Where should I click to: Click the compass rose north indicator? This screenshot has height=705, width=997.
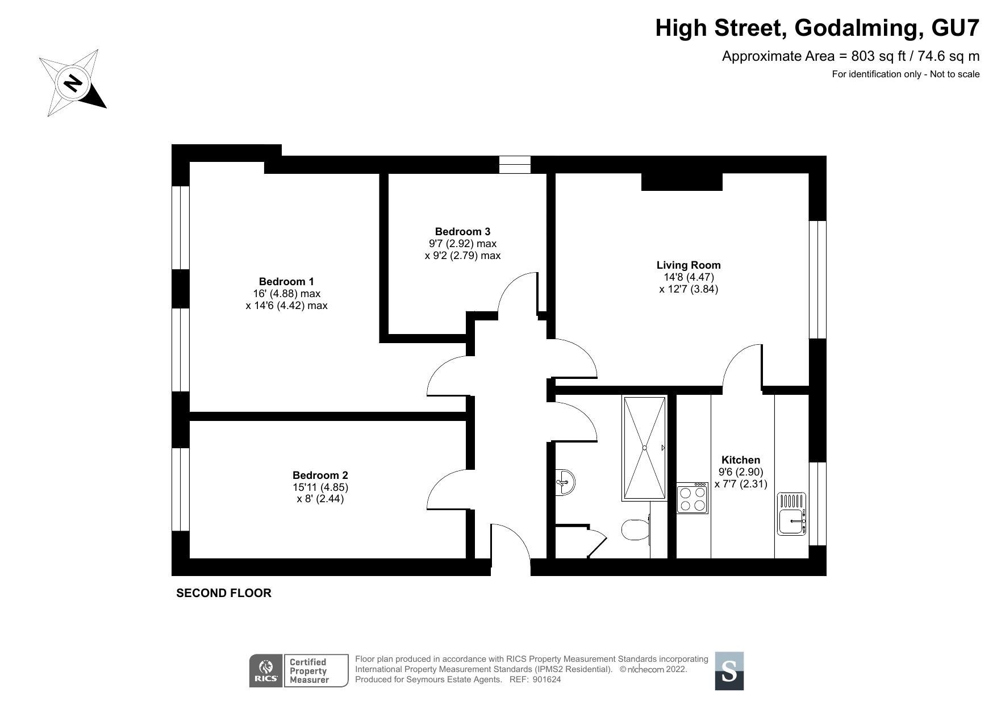(73, 83)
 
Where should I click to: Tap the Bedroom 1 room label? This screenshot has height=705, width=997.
(286, 281)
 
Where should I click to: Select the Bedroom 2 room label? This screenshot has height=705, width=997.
(320, 475)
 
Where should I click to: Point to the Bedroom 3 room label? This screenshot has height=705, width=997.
(462, 231)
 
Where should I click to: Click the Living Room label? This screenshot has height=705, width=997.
(689, 265)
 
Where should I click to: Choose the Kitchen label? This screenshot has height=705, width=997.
(741, 460)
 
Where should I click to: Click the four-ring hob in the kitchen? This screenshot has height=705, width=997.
(693, 498)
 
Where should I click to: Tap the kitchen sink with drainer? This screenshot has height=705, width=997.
(792, 514)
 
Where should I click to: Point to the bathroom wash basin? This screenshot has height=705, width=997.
(565, 483)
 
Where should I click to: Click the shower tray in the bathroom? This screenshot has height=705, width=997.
(645, 448)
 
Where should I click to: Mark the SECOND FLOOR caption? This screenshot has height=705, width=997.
(224, 593)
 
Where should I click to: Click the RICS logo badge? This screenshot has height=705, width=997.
(266, 671)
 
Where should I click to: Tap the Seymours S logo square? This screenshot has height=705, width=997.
(729, 671)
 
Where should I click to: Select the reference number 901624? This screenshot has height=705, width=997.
(547, 679)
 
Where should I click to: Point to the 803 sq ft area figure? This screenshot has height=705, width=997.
(874, 56)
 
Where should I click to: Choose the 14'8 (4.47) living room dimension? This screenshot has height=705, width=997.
(689, 277)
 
